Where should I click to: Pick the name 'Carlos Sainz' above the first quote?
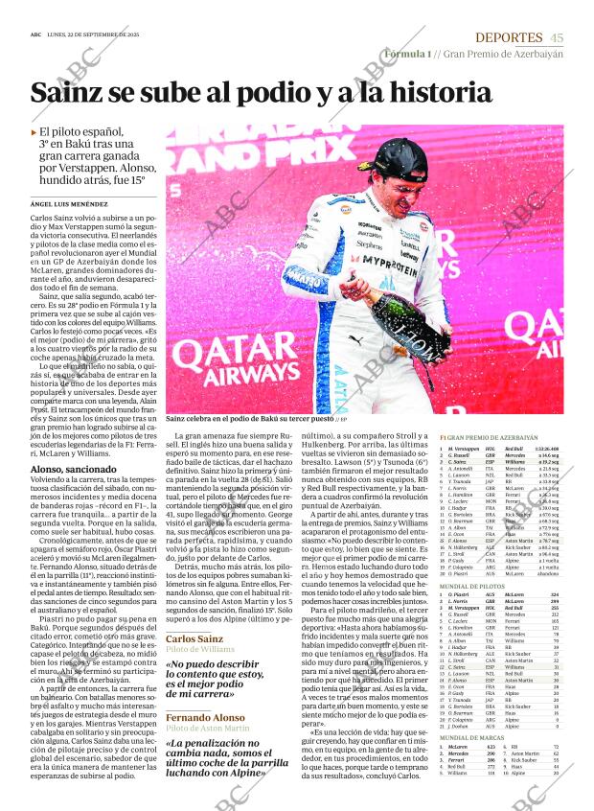[x=194, y=638]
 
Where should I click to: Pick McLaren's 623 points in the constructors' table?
[x=491, y=746]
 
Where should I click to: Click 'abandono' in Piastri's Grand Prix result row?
[x=547, y=573]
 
